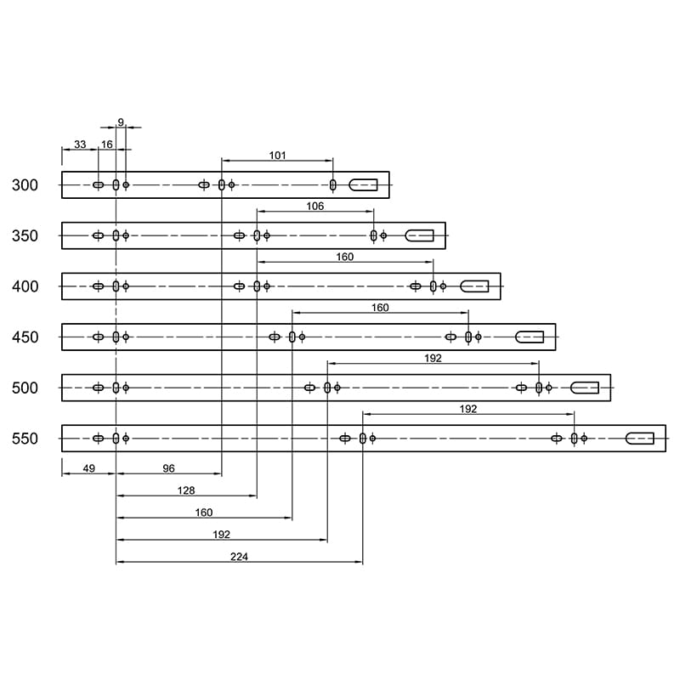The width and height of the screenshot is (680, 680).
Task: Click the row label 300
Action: tap(25, 185)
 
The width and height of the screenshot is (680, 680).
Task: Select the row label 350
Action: tap(25, 236)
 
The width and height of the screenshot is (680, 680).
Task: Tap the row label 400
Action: tap(25, 286)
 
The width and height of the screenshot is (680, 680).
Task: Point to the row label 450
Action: tap(25, 337)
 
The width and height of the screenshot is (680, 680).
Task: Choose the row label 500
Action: tap(25, 388)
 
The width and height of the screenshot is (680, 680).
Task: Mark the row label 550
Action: tap(25, 439)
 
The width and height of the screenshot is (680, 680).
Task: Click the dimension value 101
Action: tap(278, 156)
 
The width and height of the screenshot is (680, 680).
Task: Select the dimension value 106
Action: tap(315, 206)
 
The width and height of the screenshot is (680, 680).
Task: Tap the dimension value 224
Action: tap(239, 557)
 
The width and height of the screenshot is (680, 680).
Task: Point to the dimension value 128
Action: tap(186, 490)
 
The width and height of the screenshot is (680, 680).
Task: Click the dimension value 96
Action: tap(168, 468)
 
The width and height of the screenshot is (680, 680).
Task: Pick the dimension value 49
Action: tap(89, 468)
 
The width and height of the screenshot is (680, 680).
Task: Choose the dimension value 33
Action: tap(80, 144)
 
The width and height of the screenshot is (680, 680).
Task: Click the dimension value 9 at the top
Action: tap(121, 122)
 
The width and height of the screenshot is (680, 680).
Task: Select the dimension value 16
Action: tap(107, 144)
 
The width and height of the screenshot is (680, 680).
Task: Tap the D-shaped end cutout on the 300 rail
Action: tap(364, 185)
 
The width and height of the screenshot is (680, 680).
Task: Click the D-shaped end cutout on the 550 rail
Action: tap(640, 439)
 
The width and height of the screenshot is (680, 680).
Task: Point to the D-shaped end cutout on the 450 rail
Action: tap(530, 337)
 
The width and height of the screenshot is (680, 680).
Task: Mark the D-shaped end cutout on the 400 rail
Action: tap(474, 286)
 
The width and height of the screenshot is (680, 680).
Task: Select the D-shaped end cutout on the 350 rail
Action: tap(419, 235)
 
